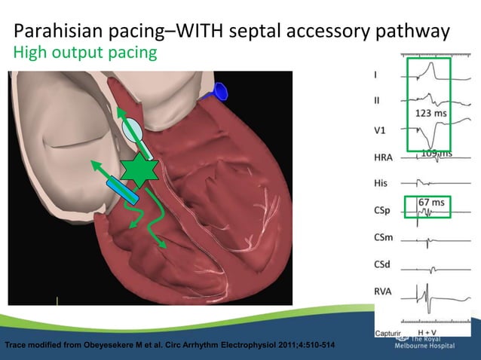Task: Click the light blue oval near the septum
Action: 131,130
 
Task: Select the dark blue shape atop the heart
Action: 220,91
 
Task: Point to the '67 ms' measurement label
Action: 431,203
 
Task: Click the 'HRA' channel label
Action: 384,157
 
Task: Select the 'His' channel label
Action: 381,184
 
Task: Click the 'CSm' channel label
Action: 384,238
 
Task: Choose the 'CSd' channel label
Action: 383,265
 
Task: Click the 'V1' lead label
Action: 381,130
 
